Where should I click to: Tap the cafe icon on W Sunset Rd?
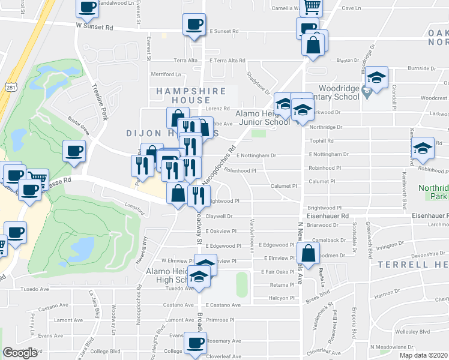tap(194, 25)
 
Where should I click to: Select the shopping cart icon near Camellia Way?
tap(312, 7)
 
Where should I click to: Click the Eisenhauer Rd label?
tap(328, 215)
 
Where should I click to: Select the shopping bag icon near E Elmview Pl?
tap(308, 253)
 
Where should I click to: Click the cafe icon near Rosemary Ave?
tap(195, 343)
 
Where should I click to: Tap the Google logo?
tap(20, 353)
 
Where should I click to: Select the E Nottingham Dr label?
tap(256, 155)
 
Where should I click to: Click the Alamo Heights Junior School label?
tap(262, 117)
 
